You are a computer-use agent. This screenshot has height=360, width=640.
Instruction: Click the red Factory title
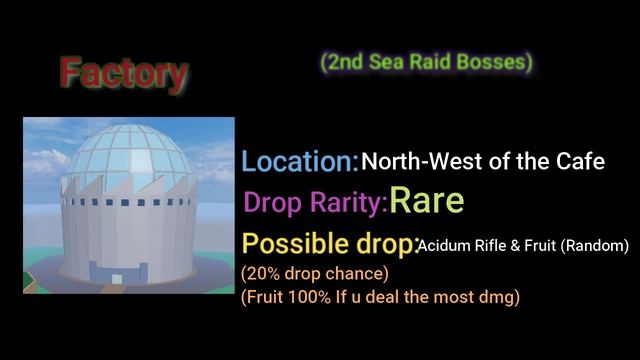[123, 73]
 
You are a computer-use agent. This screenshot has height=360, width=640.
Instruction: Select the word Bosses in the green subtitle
[494, 63]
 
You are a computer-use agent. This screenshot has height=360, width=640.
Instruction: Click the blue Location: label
[300, 161]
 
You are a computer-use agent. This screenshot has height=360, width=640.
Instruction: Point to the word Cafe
[582, 161]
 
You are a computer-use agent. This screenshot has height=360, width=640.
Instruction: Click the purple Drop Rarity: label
[315, 203]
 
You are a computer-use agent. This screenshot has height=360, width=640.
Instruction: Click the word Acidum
[446, 245]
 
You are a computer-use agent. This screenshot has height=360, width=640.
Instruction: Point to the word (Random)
[594, 245]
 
